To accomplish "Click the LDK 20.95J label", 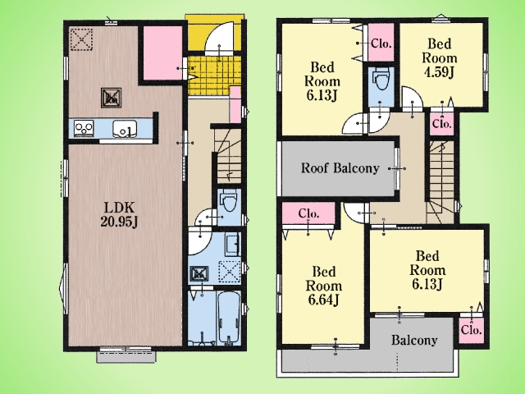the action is [120, 215].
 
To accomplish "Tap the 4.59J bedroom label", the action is [440, 57].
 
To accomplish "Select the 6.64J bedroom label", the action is [323, 286].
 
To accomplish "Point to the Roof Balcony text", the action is [340, 167].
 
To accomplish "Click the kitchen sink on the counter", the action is [125, 128].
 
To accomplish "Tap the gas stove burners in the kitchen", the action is [84, 128].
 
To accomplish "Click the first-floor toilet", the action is [229, 199].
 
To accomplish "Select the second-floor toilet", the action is [381, 79].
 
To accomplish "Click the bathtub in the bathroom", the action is [228, 318].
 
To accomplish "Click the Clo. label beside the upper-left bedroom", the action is [381, 44].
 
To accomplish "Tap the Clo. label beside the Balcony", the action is [471, 330].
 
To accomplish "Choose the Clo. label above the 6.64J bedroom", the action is [308, 213].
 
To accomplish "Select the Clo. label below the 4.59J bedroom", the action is [442, 123].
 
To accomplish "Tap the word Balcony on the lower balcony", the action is [414, 341].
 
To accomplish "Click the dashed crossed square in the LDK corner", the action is [81, 40].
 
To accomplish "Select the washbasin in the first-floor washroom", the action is [231, 245].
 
